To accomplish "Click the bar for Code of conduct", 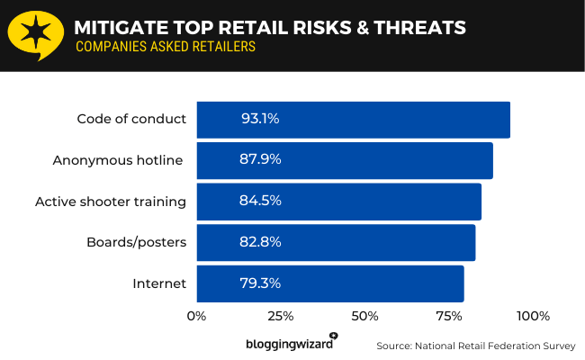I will click(353, 120).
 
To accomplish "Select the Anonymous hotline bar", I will click(344, 160).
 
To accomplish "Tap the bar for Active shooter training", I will click(338, 201).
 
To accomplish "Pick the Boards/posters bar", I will click(335, 242).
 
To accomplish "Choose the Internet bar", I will click(329, 283).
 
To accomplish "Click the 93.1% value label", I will click(261, 120).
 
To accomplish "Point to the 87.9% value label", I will click(261, 160).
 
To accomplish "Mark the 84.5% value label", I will click(261, 201).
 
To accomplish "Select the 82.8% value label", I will click(261, 242).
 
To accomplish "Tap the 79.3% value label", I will click(261, 283).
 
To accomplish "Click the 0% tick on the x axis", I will click(196, 316).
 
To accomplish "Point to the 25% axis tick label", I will click(280, 316).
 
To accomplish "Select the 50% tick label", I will click(364, 316).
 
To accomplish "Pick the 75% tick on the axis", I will click(449, 316).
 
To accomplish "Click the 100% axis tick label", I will click(533, 316).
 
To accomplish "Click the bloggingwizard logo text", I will click(290, 344).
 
